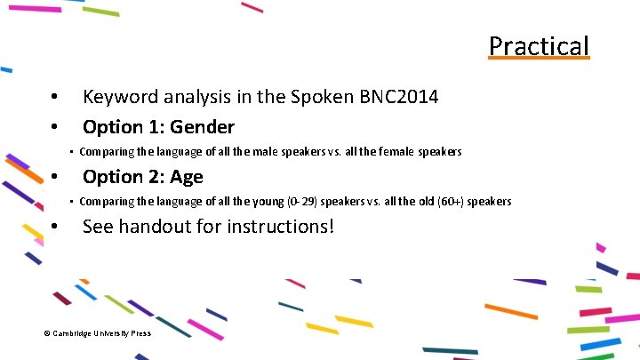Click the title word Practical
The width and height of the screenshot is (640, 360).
539,45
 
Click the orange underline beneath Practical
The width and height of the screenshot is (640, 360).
539,60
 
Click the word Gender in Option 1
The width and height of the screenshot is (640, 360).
202,127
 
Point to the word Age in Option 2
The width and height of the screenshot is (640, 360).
187,177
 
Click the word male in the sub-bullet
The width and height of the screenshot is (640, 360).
267,152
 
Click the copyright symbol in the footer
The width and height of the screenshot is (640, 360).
47,333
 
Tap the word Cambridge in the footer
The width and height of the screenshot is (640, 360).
74,333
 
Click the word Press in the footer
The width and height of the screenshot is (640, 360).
140,333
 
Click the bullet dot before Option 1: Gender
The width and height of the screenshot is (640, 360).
55,127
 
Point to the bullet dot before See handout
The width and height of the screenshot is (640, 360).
55,228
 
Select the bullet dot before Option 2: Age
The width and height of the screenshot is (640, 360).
55,177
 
